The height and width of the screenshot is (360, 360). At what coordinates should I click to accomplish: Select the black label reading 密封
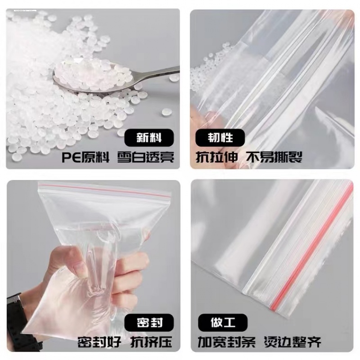pos(149,322)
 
